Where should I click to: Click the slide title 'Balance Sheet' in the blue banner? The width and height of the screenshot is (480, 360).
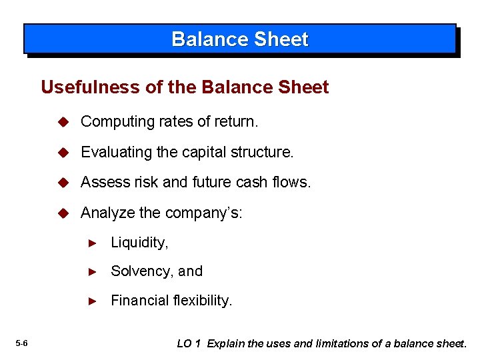tap(240, 39)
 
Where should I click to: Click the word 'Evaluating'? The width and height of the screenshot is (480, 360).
tap(115, 153)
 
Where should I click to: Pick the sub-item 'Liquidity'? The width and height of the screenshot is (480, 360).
tap(138, 243)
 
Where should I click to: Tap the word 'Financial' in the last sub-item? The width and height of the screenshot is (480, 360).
tap(137, 301)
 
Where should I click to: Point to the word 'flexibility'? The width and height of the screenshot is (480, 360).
tap(199, 301)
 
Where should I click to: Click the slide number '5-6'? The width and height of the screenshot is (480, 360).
tap(21, 343)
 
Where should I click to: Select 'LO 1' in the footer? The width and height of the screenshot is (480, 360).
tap(189, 343)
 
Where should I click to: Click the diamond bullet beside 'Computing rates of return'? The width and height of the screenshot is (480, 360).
tap(63, 122)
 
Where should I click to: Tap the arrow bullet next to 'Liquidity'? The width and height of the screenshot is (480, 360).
tap(93, 243)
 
